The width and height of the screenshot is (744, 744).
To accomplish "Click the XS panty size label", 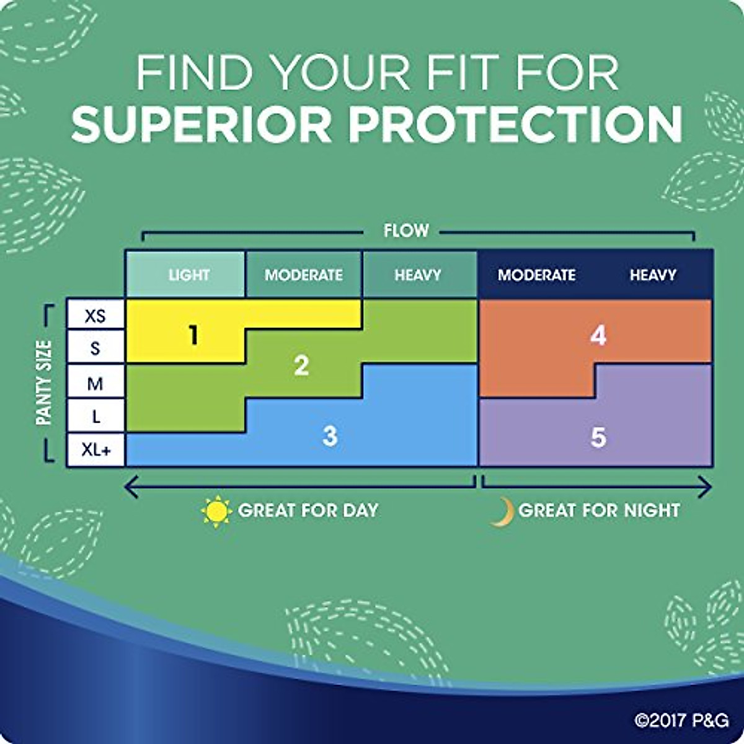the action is pos(95,316).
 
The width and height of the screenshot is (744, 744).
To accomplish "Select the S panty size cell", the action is pos(95,347).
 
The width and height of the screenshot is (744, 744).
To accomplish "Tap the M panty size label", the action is pos(95,384).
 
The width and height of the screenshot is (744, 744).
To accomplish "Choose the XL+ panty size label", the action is pos(95,449).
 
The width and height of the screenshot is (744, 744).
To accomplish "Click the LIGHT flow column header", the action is pos(189,275).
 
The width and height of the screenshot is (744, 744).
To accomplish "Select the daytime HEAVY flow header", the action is pos(418,275).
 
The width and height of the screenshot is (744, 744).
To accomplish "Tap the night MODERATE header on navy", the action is pos(537,275).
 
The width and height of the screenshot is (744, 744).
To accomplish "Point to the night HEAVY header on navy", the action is pos(653,275).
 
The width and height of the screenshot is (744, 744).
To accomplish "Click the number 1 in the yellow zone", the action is pos(193,335).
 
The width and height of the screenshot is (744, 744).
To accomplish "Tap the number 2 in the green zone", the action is pos(301,366).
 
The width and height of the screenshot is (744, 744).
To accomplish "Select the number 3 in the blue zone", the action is pos(330,436).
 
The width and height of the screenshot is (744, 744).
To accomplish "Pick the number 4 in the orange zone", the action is pos(598,335).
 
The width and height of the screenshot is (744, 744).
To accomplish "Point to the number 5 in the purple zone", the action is pos(598,437).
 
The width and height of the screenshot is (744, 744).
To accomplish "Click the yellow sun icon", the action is pos(216,511).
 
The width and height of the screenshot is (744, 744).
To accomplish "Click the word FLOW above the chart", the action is pos(406,231).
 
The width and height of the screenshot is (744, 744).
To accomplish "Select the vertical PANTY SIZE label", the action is pos(43,383).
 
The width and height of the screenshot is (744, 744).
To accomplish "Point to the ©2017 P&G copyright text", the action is pos(682,720).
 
